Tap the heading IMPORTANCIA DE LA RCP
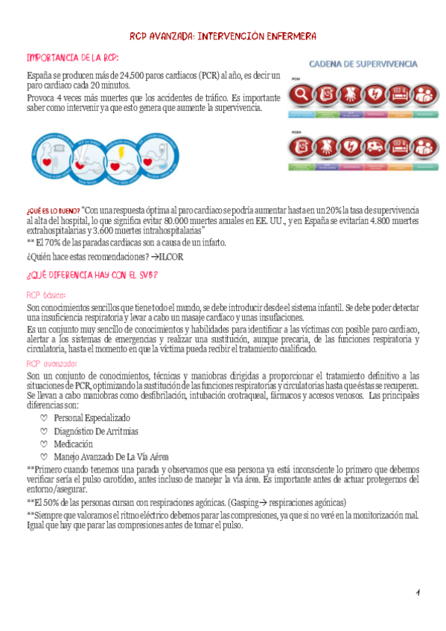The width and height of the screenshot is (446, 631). coord(71,58)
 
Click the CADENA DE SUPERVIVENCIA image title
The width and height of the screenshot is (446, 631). coord(363,65)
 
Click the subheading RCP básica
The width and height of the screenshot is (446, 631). coord(46,295)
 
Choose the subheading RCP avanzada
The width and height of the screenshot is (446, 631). coord(51,364)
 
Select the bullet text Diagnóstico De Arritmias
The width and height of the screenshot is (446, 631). coord(96,432)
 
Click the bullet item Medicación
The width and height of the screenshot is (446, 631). coord(76,444)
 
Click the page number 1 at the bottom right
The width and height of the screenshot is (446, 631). coord(418,592)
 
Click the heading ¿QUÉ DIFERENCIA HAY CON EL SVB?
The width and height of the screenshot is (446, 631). coord(92,275)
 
